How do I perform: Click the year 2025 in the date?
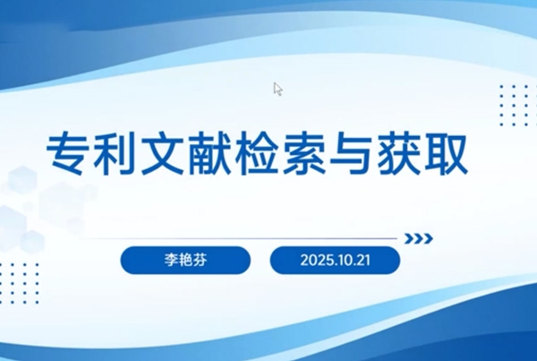(315, 261)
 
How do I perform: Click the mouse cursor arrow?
(277, 89)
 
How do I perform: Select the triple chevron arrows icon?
(419, 238)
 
